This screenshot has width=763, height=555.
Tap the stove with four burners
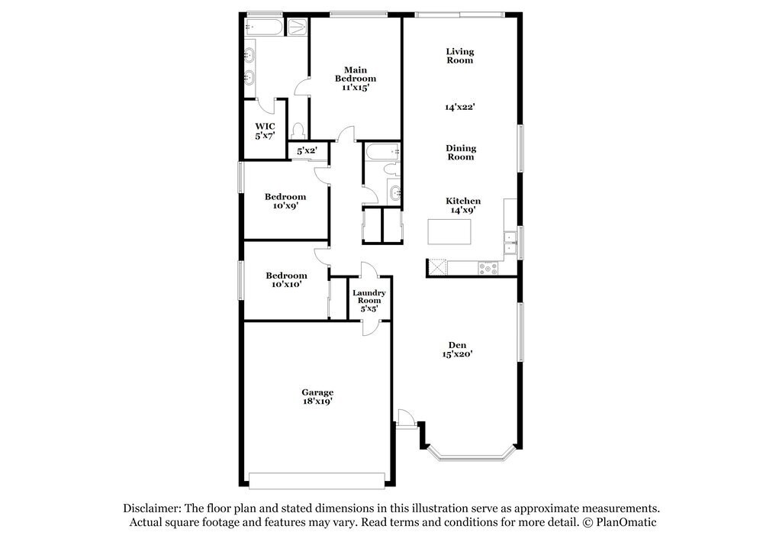click(487, 267)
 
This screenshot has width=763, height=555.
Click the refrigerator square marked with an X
click(437, 266)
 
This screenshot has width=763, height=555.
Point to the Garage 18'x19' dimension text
click(317, 400)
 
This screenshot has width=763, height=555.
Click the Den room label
click(458, 346)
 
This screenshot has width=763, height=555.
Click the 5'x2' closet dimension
click(307, 151)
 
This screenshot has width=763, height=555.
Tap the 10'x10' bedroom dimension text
click(286, 284)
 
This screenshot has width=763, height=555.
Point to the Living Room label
click(460, 56)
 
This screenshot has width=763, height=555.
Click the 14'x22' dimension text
click(460, 108)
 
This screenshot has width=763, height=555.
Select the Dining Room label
click(461, 153)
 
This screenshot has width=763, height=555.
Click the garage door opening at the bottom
click(317, 480)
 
